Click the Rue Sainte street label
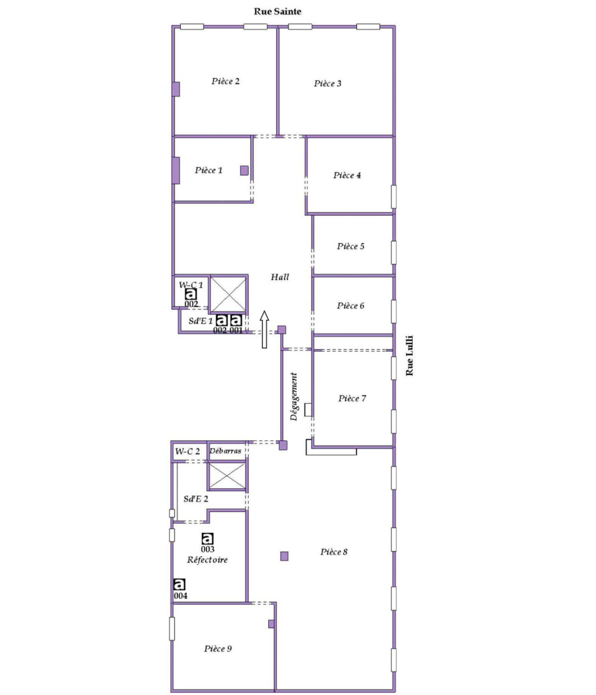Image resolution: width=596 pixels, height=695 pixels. coord(277,11)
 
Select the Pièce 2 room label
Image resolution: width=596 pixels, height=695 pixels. coord(226,81)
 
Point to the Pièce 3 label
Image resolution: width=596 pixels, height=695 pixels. coord(328,83)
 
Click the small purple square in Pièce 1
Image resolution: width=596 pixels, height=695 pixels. coord(245,170)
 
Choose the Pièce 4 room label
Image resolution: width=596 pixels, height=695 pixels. coord(347,175)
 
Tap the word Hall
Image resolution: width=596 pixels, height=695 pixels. coord(280,277)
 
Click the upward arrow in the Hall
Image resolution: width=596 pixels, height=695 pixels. coord(264,329)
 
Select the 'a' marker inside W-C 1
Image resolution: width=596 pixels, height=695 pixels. coord(191,294)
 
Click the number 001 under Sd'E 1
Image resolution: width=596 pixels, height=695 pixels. coord(236,331)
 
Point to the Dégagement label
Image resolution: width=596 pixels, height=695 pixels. coord(295,396)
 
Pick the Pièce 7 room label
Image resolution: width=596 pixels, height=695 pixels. coord(352,398)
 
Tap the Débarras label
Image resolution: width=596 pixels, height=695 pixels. coord(226,451)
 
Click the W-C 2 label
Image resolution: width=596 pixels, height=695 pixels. coord(188,451)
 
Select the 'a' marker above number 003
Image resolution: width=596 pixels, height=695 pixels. coord(208,539)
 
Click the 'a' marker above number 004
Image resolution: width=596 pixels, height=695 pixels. coord(180,584)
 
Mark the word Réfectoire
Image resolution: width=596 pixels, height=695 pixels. coord(207,560)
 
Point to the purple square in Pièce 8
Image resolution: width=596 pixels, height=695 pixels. coord(284,556)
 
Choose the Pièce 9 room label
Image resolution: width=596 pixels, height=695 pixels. coord(218,649)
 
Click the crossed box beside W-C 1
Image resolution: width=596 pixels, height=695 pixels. coord(228,294)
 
